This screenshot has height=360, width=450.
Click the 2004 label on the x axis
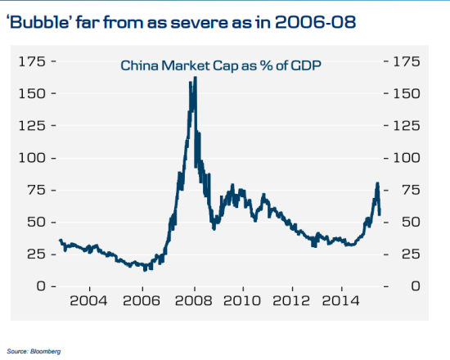[x=88, y=300]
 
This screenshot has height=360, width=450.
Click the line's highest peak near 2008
[x=195, y=78]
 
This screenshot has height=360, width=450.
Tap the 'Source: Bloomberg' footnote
[x=34, y=351]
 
